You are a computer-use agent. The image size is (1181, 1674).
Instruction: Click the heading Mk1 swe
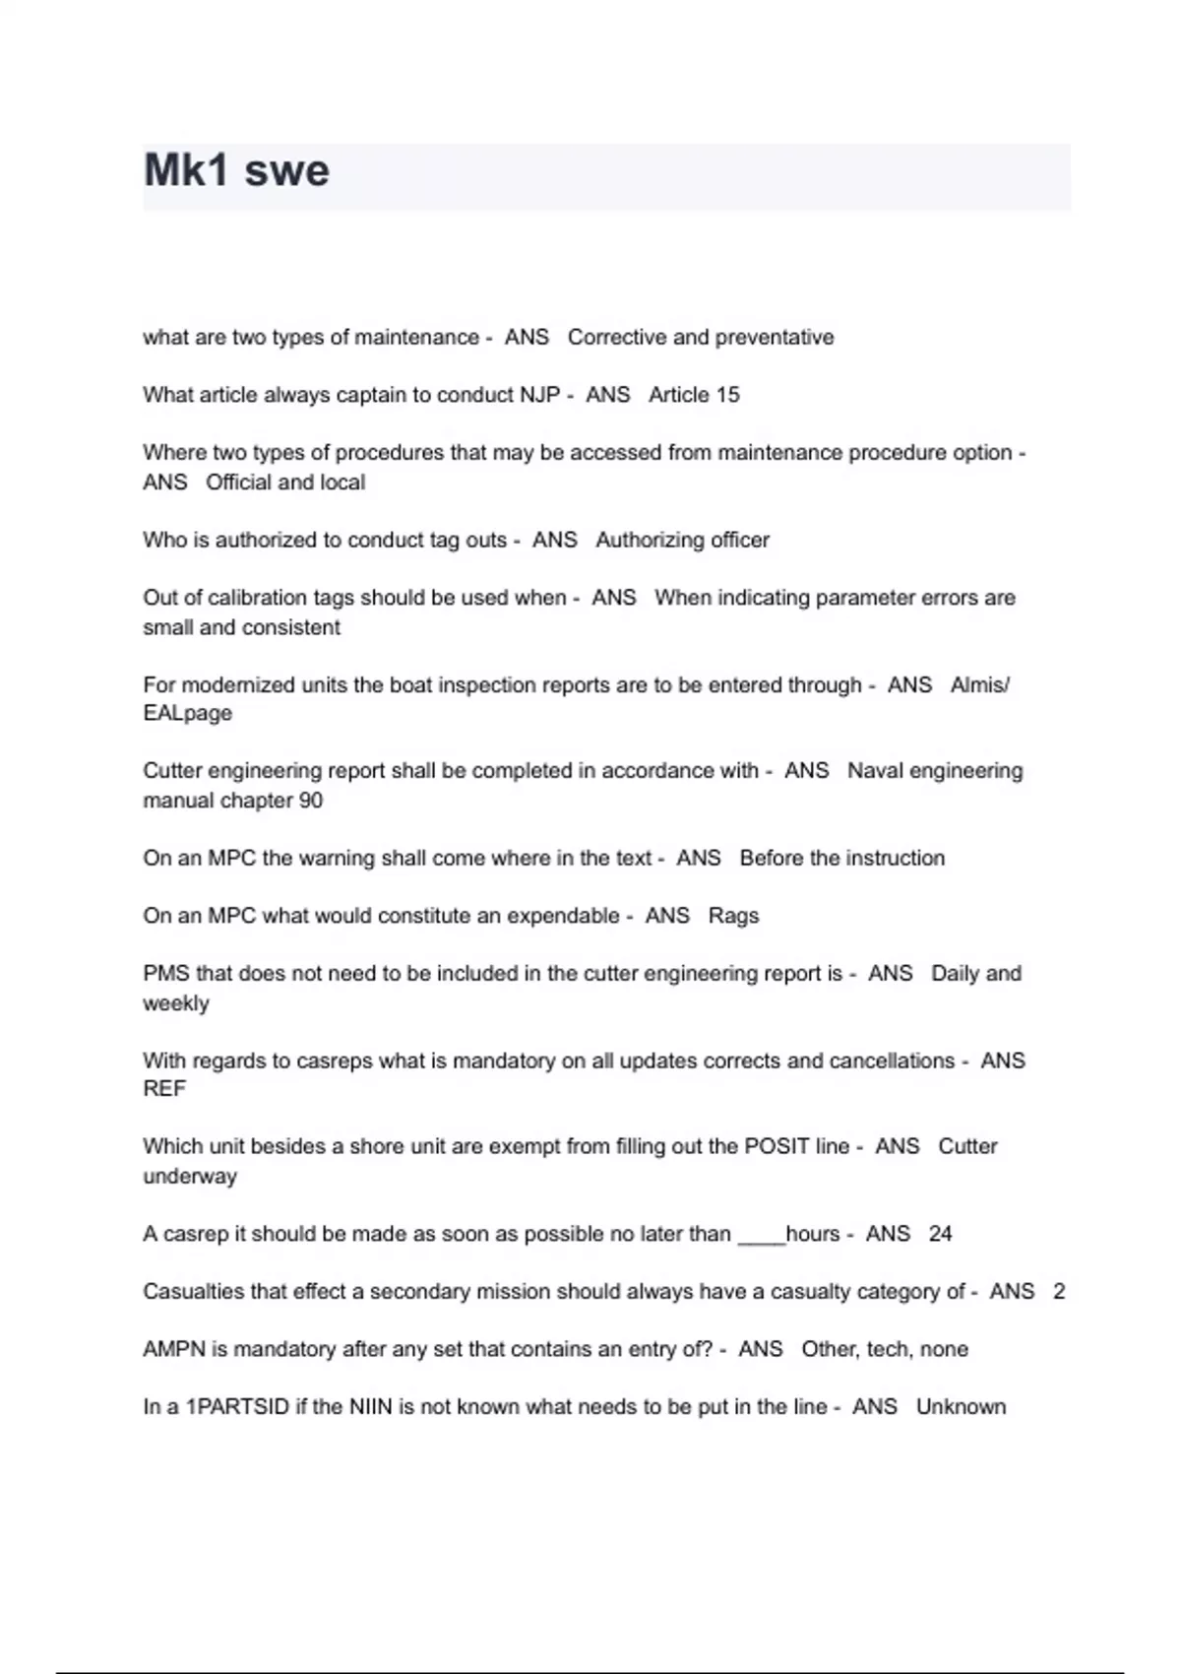point(236,170)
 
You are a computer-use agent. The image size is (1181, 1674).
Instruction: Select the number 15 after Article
point(727,395)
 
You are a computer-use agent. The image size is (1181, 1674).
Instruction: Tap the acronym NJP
point(539,395)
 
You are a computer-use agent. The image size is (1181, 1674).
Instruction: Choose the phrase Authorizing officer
point(682,540)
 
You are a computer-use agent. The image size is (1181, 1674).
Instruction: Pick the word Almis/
point(979,684)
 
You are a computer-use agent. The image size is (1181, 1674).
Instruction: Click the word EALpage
point(187,713)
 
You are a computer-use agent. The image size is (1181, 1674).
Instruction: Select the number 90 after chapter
point(311,801)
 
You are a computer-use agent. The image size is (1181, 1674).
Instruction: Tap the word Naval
point(875,771)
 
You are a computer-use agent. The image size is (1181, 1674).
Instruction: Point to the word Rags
point(733,916)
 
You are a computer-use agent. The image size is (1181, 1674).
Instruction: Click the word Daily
point(954,974)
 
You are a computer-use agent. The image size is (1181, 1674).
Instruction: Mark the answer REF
point(164,1089)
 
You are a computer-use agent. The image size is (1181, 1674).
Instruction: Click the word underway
point(190,1177)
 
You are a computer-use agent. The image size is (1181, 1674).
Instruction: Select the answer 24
point(940,1234)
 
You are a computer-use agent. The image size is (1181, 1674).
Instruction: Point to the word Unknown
point(961,1407)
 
